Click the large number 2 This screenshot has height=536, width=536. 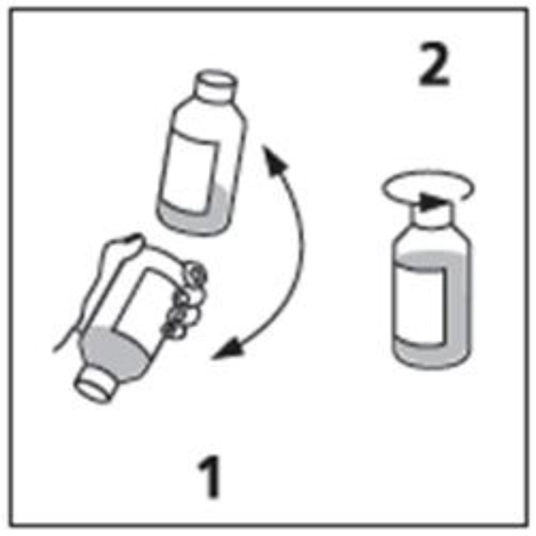click(x=434, y=64)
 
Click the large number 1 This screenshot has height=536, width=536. click(x=210, y=476)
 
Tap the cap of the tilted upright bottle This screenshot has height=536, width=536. click(x=216, y=86)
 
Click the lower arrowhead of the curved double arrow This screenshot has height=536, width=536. click(x=226, y=349)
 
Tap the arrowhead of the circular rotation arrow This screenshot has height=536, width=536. click(x=432, y=202)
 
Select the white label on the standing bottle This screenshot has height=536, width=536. click(x=421, y=305)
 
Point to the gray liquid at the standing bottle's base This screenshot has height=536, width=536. click(x=431, y=356)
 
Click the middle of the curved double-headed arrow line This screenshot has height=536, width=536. click(x=302, y=247)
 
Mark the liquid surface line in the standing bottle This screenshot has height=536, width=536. click(x=432, y=255)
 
